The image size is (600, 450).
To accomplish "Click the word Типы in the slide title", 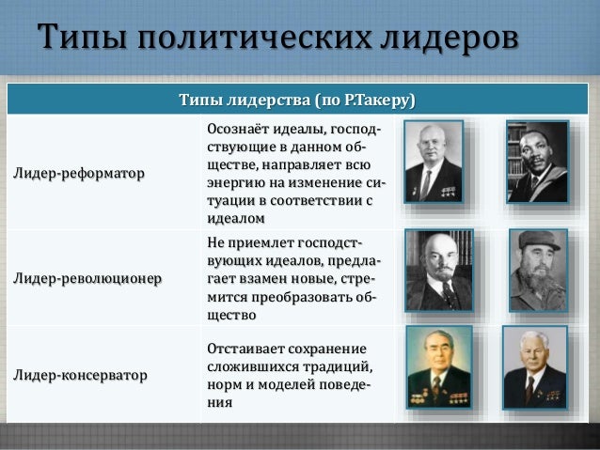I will [82, 41].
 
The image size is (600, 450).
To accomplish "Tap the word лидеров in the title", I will [450, 41].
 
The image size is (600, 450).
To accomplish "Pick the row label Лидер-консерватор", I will [80, 376].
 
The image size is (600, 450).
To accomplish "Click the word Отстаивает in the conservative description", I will [246, 349].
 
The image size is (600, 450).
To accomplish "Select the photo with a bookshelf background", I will [536, 162].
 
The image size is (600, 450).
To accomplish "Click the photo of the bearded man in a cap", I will [538, 271].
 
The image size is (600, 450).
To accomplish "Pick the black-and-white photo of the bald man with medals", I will [434, 162].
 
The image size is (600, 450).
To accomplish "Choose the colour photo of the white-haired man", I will [534, 366].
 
